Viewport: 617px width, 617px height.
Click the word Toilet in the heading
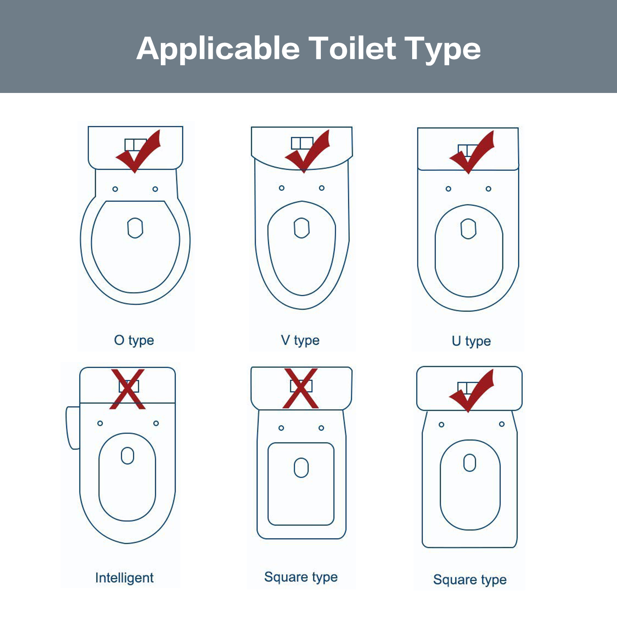tap(353, 49)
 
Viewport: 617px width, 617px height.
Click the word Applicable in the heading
tap(218, 49)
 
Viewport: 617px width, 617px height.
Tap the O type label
tap(134, 341)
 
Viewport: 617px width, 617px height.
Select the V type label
tap(300, 341)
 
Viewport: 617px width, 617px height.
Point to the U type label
tap(471, 341)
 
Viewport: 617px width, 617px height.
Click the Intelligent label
tap(124, 578)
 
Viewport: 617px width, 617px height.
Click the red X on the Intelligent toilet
tap(128, 389)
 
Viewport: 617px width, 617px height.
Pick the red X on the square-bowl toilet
tap(301, 388)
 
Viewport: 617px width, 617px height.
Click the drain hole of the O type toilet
tap(135, 228)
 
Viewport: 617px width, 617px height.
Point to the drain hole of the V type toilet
tap(302, 228)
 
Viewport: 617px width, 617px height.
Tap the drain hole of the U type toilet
tap(468, 229)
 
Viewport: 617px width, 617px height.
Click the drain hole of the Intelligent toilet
tap(128, 456)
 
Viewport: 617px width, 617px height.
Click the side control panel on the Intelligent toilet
tap(73, 428)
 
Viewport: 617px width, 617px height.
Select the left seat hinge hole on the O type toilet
tap(115, 189)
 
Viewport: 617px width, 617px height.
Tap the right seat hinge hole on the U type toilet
tap(488, 189)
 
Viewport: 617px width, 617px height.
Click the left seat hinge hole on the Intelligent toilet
tap(100, 423)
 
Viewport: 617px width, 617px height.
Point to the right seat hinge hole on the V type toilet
tap(322, 188)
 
